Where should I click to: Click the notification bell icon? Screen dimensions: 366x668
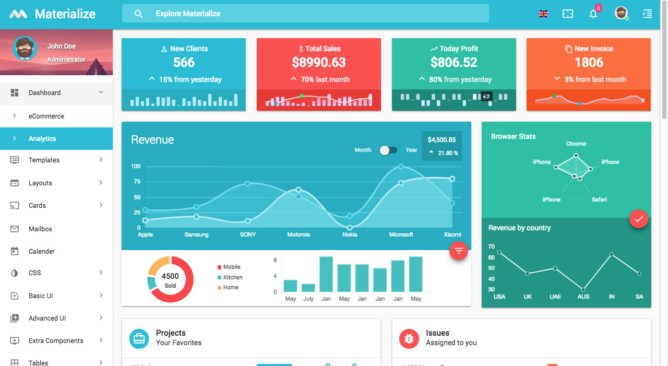click(x=593, y=14)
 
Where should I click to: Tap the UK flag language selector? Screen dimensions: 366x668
click(x=543, y=14)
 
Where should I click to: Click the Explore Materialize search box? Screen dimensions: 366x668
click(x=305, y=14)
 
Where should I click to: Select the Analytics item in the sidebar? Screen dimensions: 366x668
click(x=42, y=138)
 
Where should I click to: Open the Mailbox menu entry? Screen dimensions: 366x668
click(x=40, y=229)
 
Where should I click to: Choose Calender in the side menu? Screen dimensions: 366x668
click(x=42, y=251)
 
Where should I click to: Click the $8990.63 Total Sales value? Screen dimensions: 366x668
click(x=319, y=63)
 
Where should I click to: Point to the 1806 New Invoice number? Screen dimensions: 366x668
click(x=589, y=63)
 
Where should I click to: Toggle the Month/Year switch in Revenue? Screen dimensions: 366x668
click(x=388, y=150)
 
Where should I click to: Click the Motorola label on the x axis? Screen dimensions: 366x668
click(x=299, y=234)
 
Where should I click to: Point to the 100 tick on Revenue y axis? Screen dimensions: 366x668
click(x=136, y=166)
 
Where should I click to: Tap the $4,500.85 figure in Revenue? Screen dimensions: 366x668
click(x=442, y=140)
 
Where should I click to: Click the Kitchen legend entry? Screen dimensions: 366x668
click(x=233, y=277)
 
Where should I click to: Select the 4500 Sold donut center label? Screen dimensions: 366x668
click(x=170, y=280)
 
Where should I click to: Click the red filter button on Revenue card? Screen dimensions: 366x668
click(x=459, y=251)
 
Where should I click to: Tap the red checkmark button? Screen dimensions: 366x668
click(x=638, y=219)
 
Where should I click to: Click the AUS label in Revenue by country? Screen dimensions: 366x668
click(x=583, y=297)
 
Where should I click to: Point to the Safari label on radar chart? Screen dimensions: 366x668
click(x=599, y=199)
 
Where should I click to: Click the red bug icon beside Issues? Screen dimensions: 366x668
click(x=409, y=338)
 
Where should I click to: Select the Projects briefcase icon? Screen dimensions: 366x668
click(x=139, y=338)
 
